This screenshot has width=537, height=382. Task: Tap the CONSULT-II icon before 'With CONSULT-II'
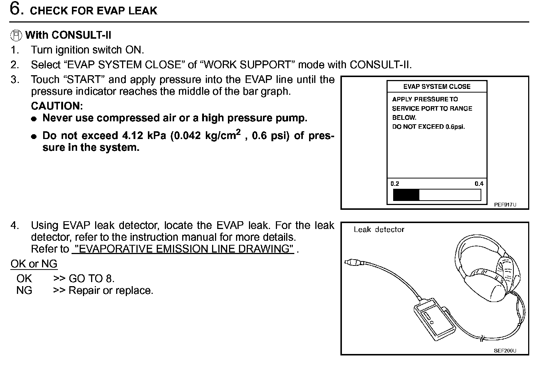coord(16,35)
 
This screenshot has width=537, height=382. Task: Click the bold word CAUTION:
coord(57,106)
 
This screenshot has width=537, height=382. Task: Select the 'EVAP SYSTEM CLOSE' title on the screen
coord(437,87)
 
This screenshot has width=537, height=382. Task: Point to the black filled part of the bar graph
coord(406,195)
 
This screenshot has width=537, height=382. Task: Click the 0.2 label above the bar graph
coord(395,184)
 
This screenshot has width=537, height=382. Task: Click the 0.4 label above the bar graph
coord(479,184)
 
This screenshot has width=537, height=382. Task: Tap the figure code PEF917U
coord(505,205)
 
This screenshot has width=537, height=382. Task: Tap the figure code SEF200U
coord(505,351)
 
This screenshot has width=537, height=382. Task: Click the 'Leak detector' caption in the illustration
coord(379,229)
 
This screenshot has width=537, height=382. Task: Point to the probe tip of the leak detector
coord(349,262)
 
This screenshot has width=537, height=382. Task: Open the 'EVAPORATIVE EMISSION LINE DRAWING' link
coord(183,249)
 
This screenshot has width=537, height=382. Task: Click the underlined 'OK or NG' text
coord(34,264)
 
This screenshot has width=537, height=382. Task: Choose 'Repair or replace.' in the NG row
coord(111,291)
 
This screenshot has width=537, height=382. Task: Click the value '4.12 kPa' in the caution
coord(145,136)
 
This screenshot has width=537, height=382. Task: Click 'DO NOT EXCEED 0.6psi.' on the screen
coord(428,127)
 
